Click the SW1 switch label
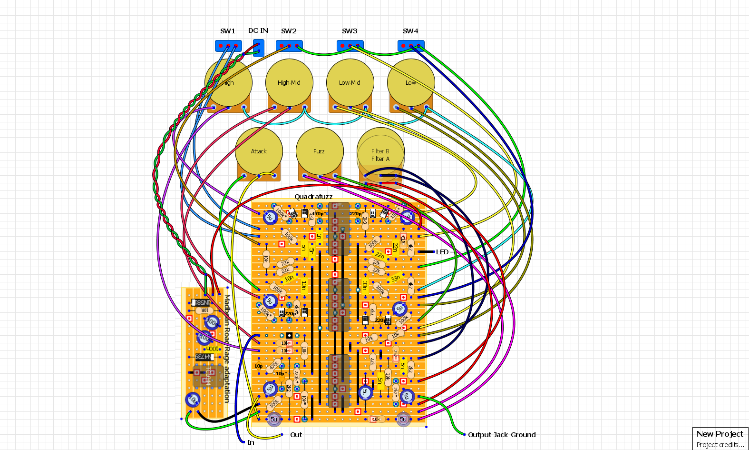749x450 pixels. (x=228, y=31)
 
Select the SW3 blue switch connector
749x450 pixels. (x=350, y=46)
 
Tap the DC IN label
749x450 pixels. (x=258, y=30)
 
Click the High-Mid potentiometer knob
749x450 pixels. (x=289, y=82)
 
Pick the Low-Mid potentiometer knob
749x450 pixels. (x=350, y=82)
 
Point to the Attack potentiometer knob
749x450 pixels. (x=259, y=151)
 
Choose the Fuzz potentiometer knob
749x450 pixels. (x=319, y=151)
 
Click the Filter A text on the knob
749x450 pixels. (x=380, y=159)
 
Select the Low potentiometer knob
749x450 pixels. (x=411, y=82)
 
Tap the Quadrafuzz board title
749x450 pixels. (x=313, y=197)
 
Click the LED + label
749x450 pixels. (x=445, y=252)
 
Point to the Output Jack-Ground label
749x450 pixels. (x=502, y=435)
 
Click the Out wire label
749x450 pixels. (x=296, y=435)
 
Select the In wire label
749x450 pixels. (x=251, y=442)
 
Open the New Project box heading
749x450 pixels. (x=720, y=434)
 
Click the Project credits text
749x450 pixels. (x=720, y=445)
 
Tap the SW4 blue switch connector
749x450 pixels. (x=411, y=46)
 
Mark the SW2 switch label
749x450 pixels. (x=289, y=31)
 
